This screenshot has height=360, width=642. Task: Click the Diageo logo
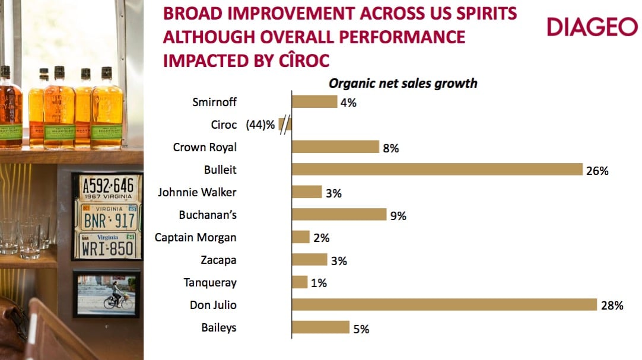(592, 27)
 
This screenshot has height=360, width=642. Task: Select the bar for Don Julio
(444, 305)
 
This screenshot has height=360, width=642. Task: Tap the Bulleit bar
(437, 170)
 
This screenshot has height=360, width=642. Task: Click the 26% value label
(598, 171)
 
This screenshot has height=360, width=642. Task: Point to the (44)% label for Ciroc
(260, 125)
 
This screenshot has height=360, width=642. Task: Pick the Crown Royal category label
(205, 148)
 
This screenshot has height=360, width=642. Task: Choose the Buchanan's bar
(340, 215)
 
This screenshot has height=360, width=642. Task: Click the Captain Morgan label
(195, 238)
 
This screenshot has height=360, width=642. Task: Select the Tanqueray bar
(300, 282)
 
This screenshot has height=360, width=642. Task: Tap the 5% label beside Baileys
(361, 329)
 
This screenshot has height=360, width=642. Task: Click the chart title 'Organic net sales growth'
(403, 83)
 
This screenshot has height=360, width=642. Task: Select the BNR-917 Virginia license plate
(108, 217)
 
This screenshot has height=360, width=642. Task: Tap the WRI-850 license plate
(107, 245)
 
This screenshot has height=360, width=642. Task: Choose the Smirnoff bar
(314, 102)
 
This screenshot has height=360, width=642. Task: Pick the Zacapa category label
(219, 260)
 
